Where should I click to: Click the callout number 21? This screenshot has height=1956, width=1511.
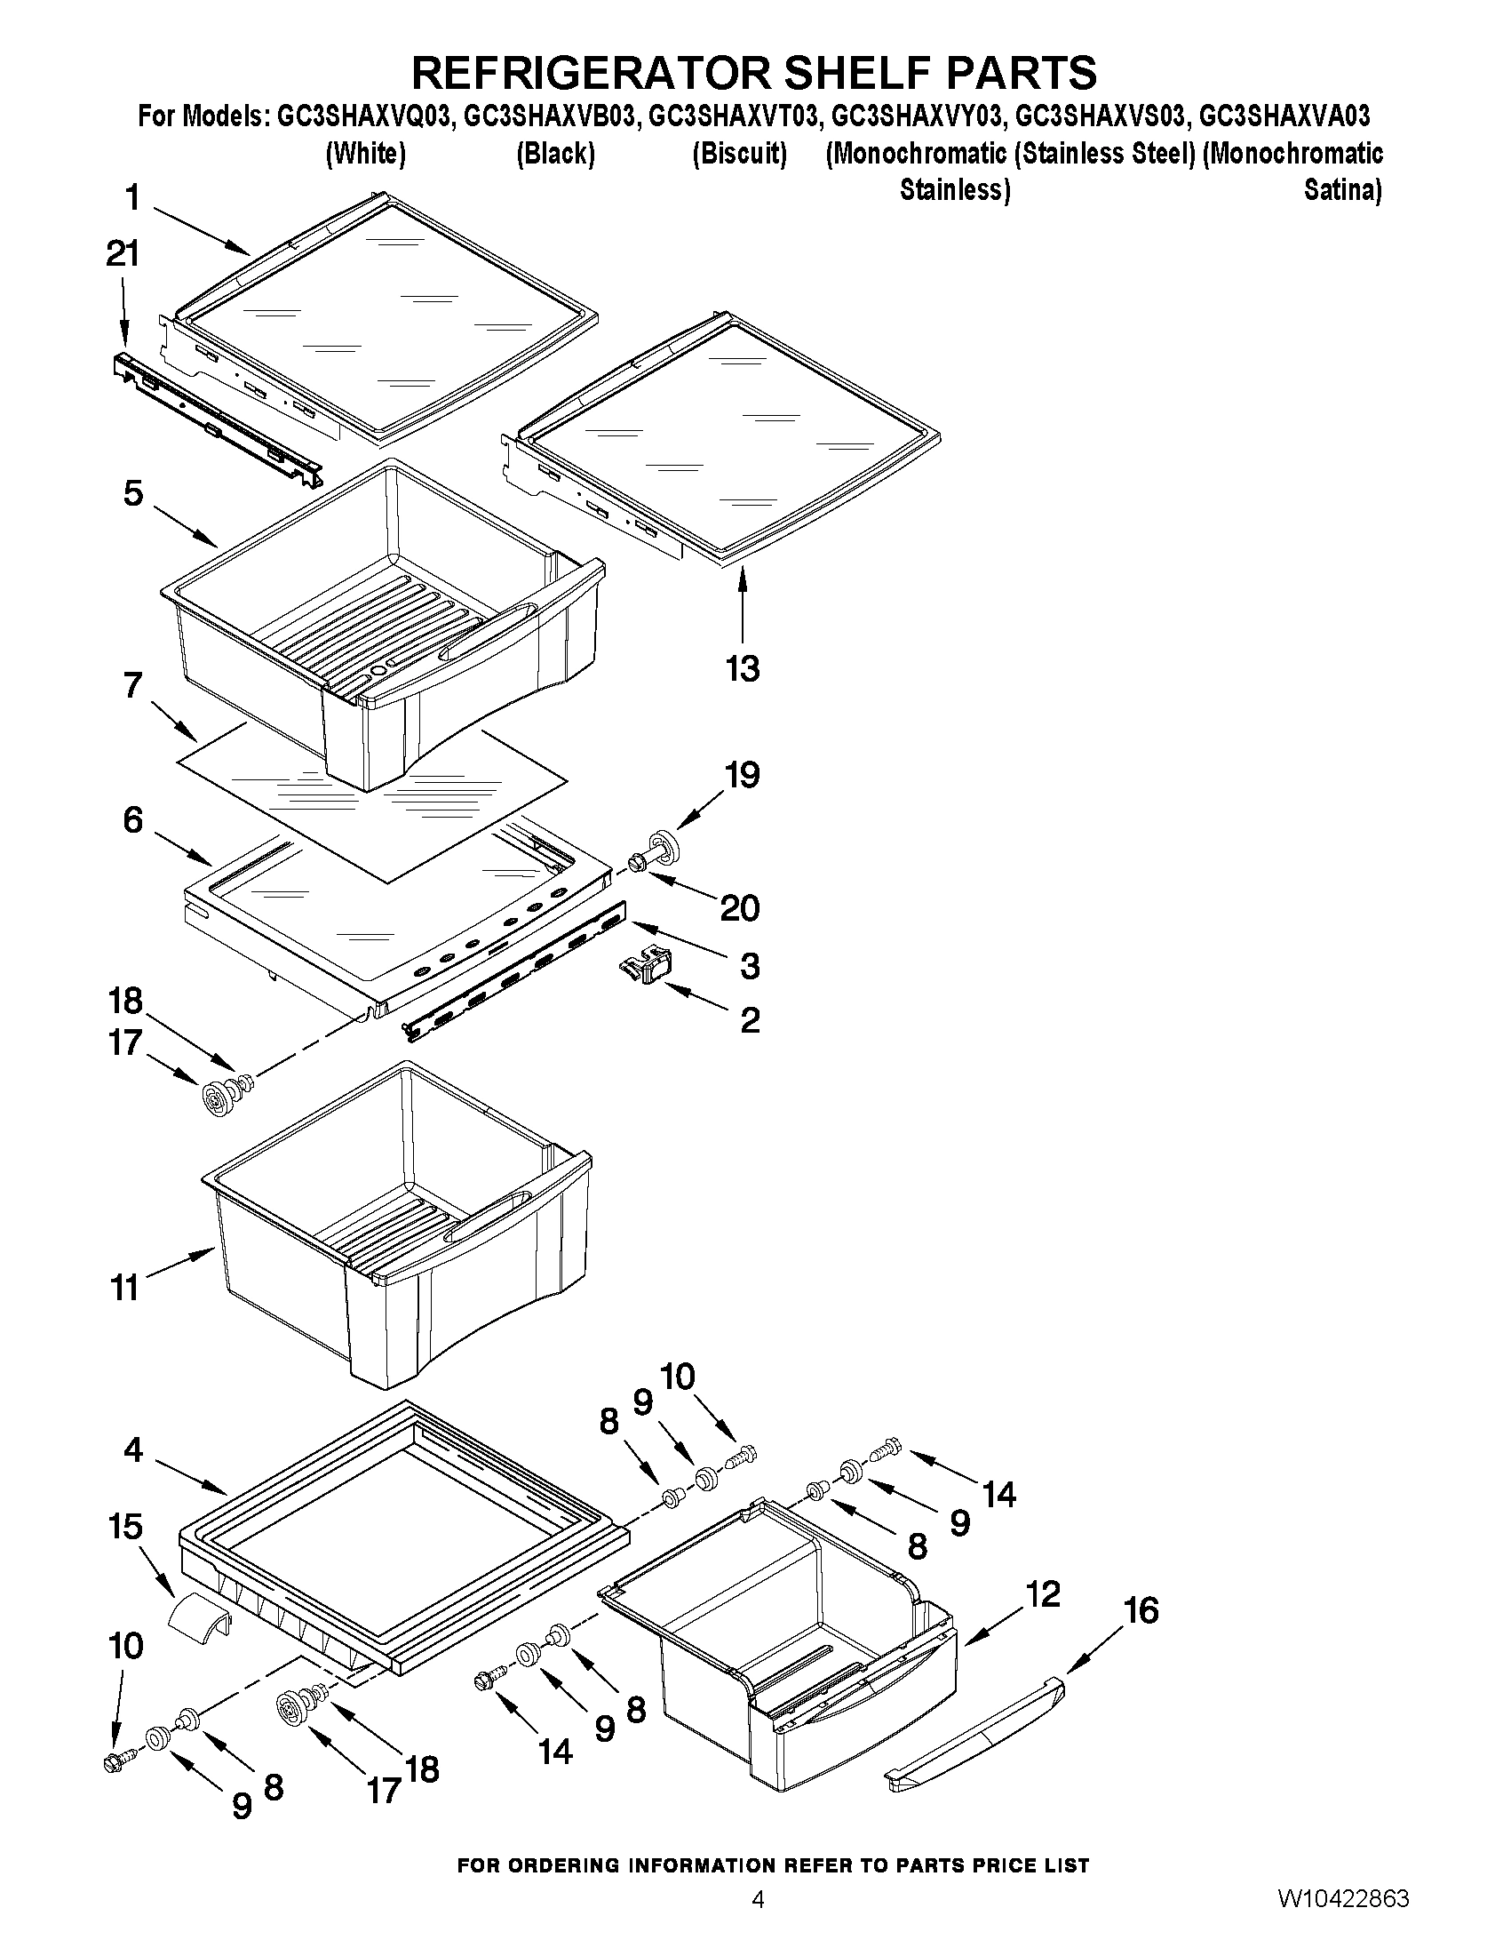123,255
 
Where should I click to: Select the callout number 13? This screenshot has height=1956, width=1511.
743,669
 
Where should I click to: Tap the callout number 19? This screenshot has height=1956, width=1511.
742,775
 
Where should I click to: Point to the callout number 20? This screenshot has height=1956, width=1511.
739,909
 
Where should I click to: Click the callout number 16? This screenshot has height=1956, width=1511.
1141,1611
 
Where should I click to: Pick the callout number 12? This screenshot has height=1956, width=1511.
1042,1593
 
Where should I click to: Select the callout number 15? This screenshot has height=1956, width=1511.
125,1526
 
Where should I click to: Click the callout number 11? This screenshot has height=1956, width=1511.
124,1288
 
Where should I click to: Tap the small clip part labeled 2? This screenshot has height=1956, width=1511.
646,969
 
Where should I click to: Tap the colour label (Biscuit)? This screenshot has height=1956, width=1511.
739,154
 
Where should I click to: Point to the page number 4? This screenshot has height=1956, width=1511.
758,1921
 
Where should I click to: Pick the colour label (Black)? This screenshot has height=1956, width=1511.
555,154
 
